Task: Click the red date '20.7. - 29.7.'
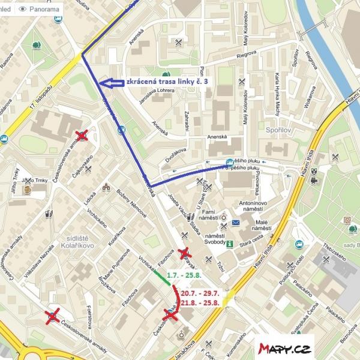tap(202, 292)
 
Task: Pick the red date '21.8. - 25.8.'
tap(202, 304)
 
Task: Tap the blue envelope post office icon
tap(236, 223)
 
